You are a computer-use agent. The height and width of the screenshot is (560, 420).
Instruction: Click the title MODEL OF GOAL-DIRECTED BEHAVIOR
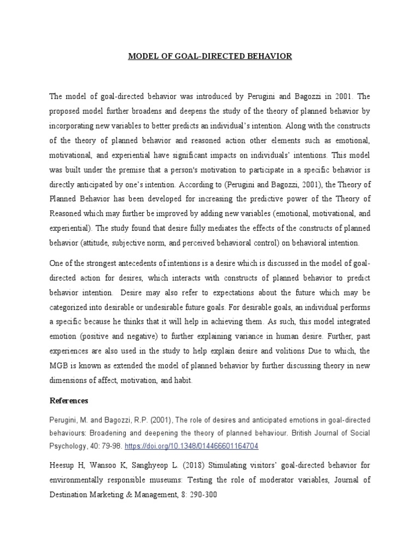210,56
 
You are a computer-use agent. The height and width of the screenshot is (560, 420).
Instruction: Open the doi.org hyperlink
191,446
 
